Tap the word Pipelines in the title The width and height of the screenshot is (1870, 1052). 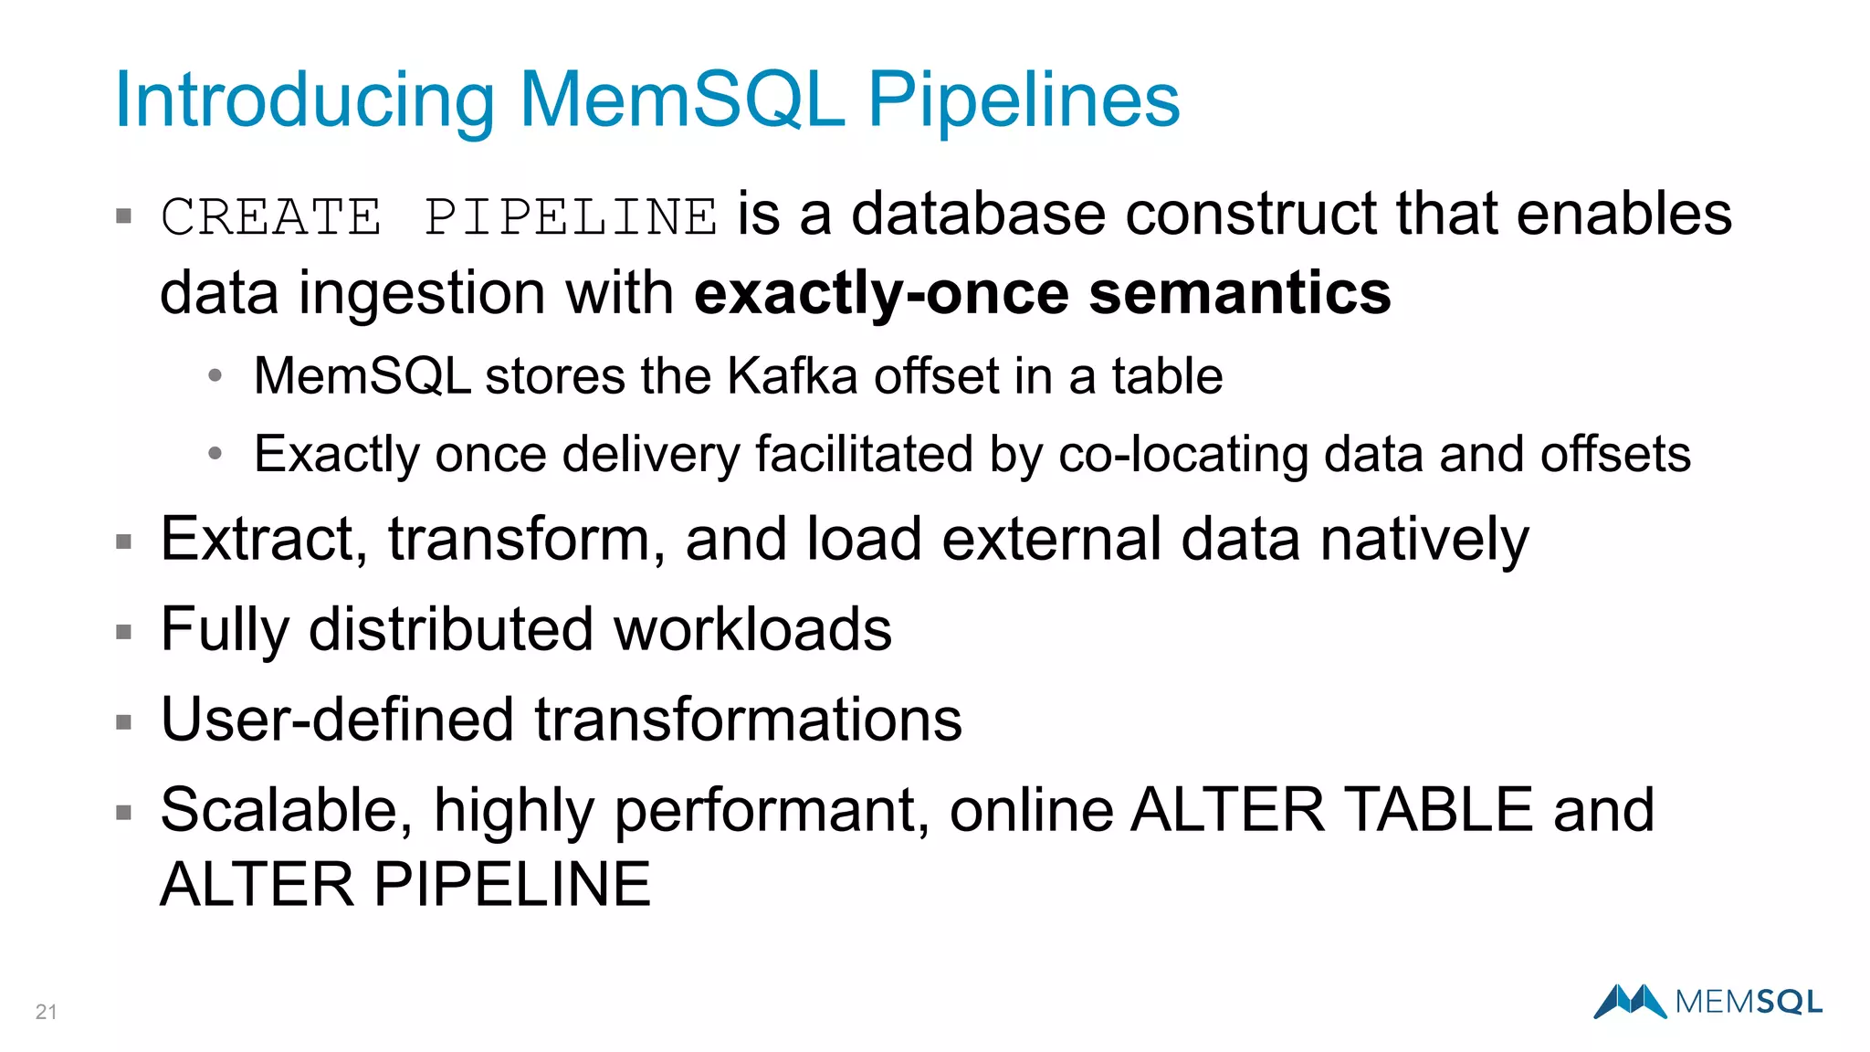pos(1023,100)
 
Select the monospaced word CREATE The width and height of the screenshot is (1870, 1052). pos(271,217)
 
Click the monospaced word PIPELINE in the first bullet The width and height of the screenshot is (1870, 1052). pos(571,217)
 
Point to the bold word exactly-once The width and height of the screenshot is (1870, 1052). pos(882,294)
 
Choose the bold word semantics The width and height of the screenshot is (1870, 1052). pos(1240,294)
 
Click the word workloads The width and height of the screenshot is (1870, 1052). pos(752,629)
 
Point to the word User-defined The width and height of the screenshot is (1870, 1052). pos(337,720)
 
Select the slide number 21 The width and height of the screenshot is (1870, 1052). pos(46,1012)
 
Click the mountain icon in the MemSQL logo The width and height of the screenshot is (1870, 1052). pos(1631,1001)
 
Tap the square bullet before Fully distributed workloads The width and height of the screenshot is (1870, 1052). pos(124,632)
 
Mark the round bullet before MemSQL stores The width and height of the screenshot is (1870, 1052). pos(215,375)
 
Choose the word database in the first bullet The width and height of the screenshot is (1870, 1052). pos(978,215)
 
